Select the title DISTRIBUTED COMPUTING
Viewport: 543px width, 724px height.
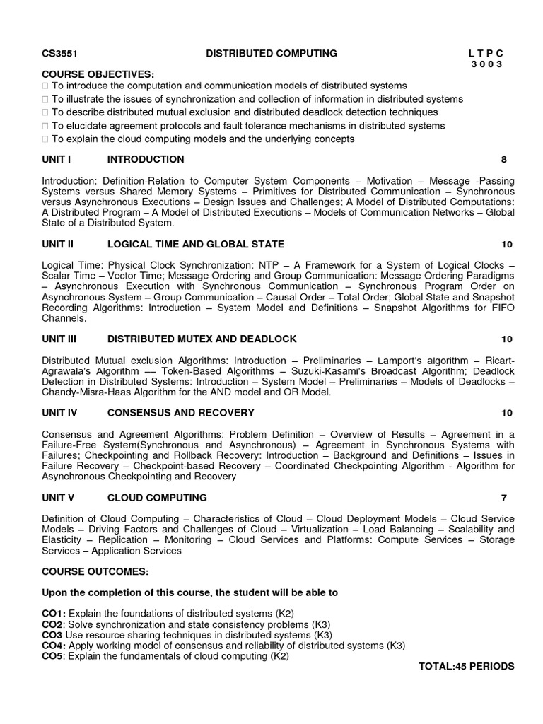(x=271, y=54)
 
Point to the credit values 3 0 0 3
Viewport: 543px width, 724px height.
(x=487, y=64)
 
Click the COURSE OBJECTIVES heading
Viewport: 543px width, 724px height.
(x=98, y=74)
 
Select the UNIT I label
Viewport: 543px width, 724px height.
(x=57, y=160)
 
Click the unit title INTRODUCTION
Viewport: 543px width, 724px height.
(x=146, y=160)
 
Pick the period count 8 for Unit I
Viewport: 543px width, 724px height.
(x=503, y=160)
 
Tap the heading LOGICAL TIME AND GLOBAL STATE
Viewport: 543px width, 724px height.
(x=196, y=245)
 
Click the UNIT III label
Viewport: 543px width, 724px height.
(x=59, y=339)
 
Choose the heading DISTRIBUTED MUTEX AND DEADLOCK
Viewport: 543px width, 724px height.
(x=202, y=339)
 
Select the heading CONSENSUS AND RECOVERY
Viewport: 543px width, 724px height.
(x=180, y=413)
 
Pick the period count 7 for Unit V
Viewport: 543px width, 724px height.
(x=503, y=498)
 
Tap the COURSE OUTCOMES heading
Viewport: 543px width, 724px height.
(x=95, y=571)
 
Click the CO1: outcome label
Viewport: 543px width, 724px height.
(x=54, y=613)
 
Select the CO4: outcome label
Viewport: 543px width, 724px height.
(x=54, y=646)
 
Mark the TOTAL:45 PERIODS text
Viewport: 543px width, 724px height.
(x=467, y=667)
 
